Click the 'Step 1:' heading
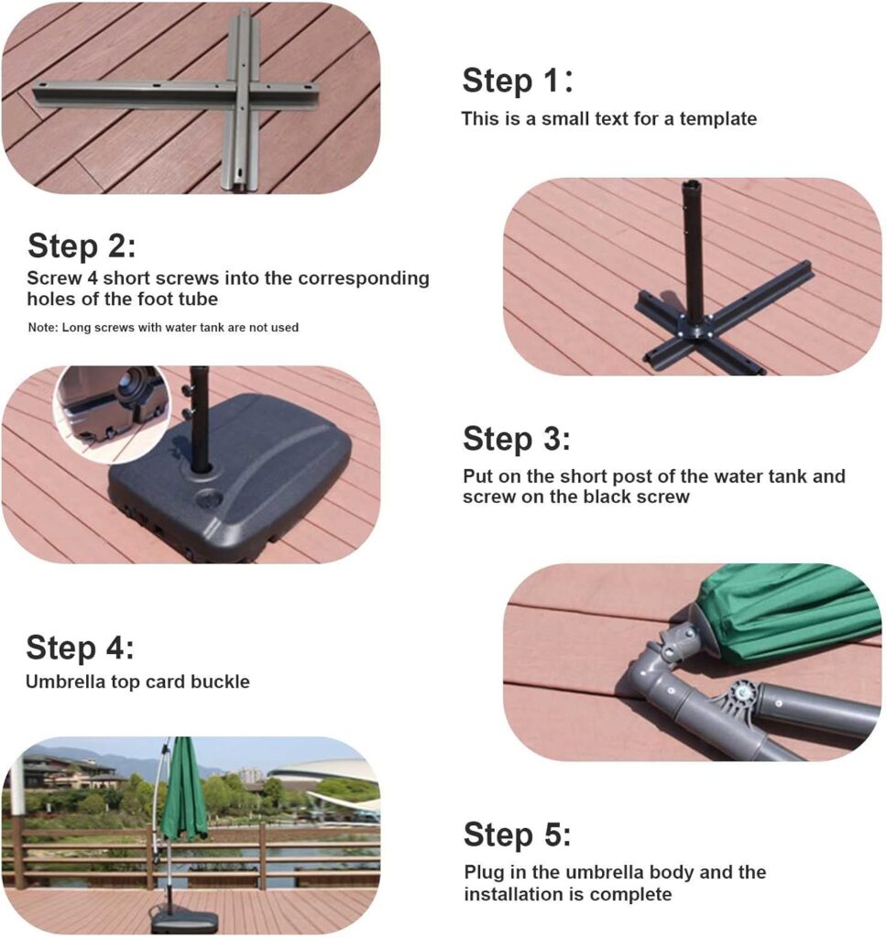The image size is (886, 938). pos(518,81)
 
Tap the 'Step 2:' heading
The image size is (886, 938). pos(82,245)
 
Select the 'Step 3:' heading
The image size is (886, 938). pos(517,439)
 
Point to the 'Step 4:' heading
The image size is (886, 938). pos(80,648)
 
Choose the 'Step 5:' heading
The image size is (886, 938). pos(518,834)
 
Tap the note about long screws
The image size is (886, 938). pos(163,327)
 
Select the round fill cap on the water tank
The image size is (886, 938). pos(210,497)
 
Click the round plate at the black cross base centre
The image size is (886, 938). pos(694,327)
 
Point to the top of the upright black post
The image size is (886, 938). pos(690,182)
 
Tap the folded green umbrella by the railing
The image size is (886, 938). pos(184,789)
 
